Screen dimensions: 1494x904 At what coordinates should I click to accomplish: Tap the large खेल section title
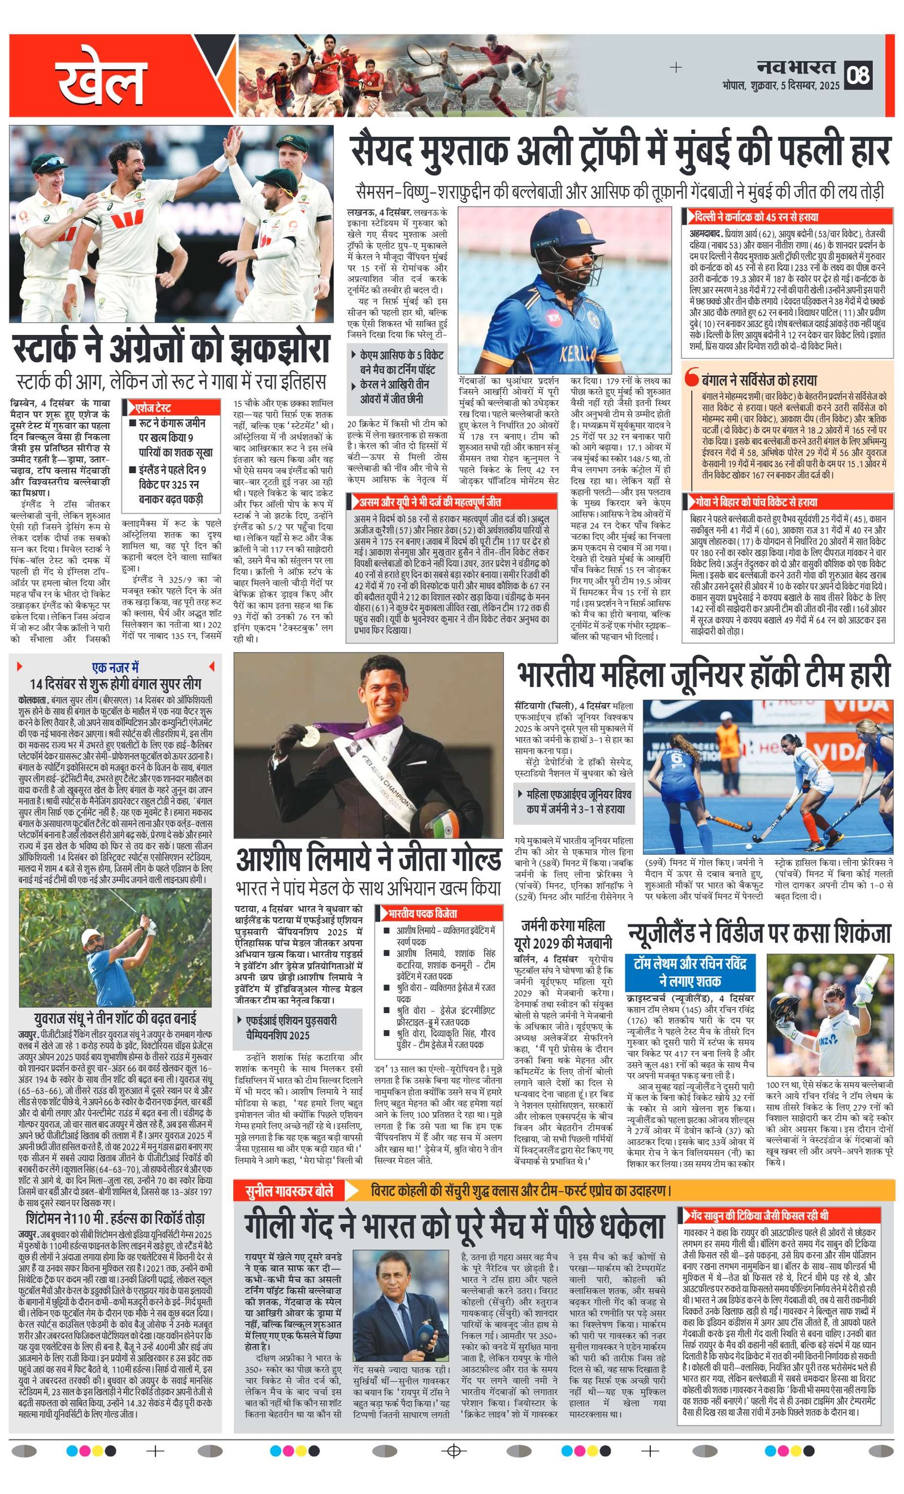click(103, 77)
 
